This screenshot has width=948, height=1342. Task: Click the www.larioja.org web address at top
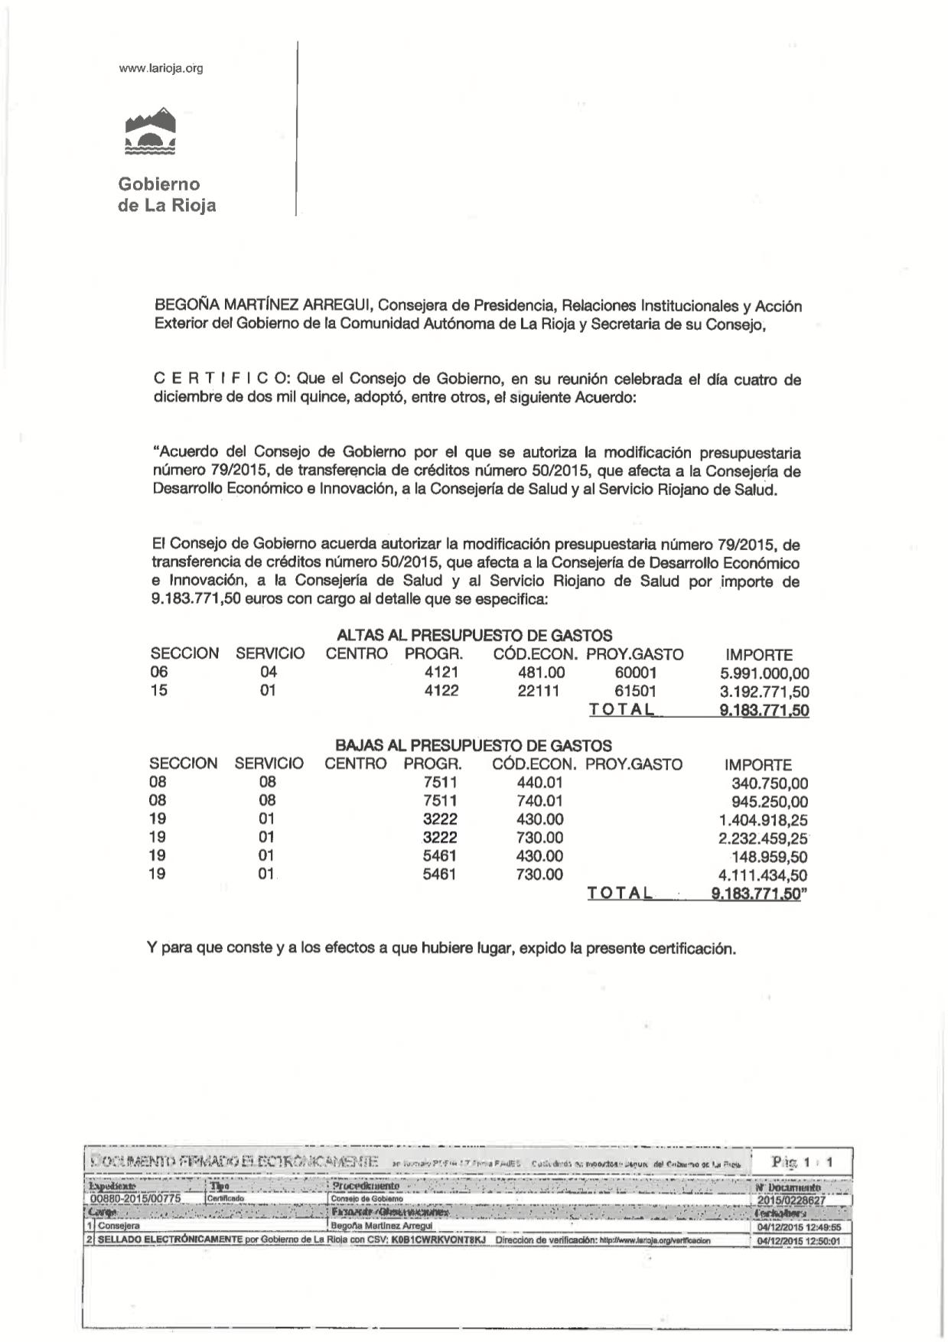161,69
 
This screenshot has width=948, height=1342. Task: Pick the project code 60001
635,673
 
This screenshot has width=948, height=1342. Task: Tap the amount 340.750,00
770,783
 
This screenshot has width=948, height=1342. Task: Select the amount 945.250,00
770,802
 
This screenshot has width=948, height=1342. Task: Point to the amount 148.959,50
770,857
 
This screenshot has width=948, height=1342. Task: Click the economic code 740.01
539,801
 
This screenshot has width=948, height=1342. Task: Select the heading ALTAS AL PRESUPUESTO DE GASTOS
474,636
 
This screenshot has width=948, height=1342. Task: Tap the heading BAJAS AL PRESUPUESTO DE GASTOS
474,746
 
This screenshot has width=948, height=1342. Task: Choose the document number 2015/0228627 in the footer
790,1200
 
